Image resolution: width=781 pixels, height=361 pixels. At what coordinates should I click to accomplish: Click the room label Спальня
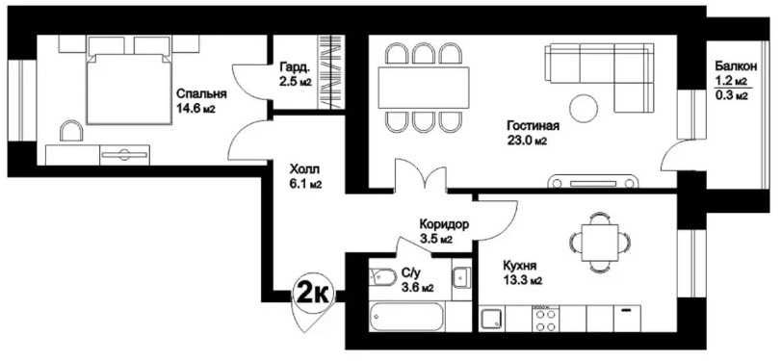pyautogui.click(x=201, y=93)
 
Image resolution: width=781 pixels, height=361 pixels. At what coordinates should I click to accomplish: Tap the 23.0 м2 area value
pyautogui.click(x=527, y=142)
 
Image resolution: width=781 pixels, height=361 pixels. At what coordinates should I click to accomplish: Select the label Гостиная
pyautogui.click(x=533, y=125)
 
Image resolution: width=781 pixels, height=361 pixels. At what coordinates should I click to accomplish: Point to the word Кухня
pyautogui.click(x=520, y=266)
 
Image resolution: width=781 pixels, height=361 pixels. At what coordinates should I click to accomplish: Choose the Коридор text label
pyautogui.click(x=444, y=224)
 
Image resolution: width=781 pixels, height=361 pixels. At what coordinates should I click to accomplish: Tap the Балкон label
pyautogui.click(x=736, y=65)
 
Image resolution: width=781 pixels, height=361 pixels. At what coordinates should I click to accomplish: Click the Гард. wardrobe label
pyautogui.click(x=295, y=66)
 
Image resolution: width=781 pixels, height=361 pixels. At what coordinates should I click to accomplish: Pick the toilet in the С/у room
pyautogui.click(x=382, y=276)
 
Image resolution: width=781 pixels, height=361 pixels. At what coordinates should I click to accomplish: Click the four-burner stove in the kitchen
pyautogui.click(x=545, y=319)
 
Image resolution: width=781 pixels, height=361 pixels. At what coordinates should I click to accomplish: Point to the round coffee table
pyautogui.click(x=584, y=107)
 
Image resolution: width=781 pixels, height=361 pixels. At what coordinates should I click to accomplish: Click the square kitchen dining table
pyautogui.click(x=600, y=243)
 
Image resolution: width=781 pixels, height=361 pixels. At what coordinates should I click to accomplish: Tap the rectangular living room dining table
pyautogui.click(x=424, y=88)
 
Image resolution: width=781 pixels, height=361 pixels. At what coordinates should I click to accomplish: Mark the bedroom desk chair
pyautogui.click(x=71, y=131)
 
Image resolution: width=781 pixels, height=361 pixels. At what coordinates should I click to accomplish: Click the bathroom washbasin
pyautogui.click(x=461, y=277)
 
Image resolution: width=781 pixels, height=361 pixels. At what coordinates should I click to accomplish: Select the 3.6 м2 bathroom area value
pyautogui.click(x=417, y=287)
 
